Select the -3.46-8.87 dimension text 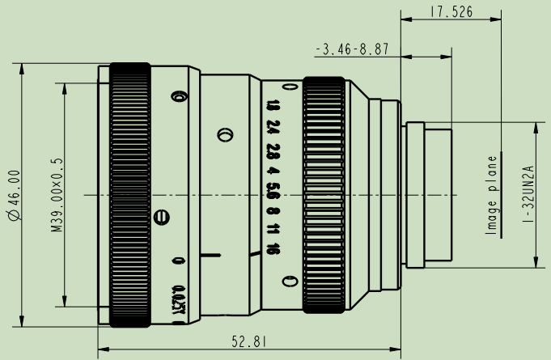(352, 50)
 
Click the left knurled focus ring (129, 195)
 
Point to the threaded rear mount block (429, 195)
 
